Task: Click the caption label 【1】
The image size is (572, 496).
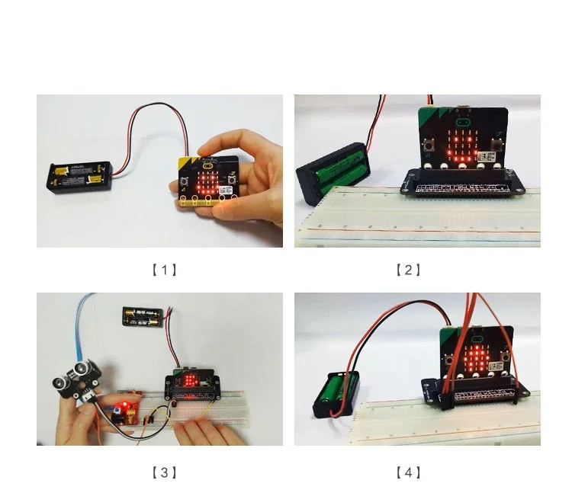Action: [164, 270]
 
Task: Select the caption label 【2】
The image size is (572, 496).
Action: [408, 270]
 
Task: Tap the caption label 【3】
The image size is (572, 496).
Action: [164, 472]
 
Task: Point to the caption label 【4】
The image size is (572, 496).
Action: [408, 472]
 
